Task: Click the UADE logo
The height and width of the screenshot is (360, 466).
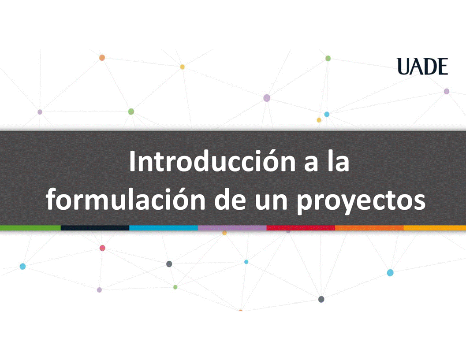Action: (x=422, y=66)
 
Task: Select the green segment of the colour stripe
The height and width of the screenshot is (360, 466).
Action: (x=30, y=228)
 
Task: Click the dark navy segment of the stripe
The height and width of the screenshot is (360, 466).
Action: (x=95, y=228)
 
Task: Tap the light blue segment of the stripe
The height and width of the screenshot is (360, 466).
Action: (x=163, y=228)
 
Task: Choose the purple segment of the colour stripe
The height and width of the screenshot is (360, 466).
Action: (x=232, y=228)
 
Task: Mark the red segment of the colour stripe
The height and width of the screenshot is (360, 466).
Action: (x=301, y=228)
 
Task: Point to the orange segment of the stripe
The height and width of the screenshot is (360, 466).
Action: (x=369, y=228)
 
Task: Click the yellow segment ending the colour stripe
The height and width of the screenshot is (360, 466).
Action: (x=435, y=228)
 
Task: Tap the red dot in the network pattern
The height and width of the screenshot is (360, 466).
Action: (x=103, y=248)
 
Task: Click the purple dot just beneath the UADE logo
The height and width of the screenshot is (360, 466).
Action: (x=447, y=91)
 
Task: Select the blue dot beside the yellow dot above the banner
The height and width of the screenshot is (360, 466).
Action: (x=327, y=114)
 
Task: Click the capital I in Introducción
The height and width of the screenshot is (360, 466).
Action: (x=132, y=162)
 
